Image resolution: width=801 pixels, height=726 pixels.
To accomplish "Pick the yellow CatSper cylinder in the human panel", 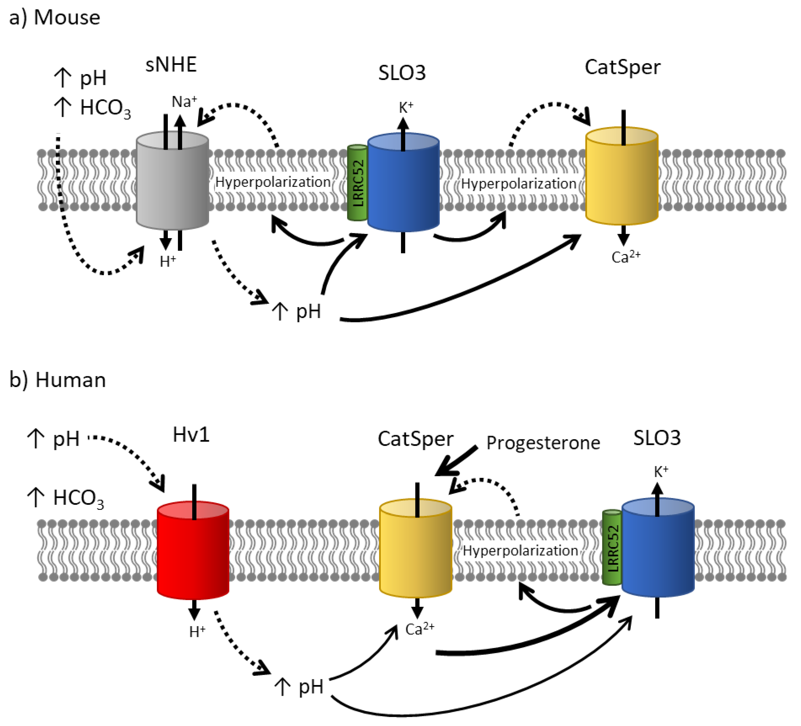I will click(416, 552).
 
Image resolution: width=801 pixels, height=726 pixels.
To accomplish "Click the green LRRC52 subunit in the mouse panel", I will click(357, 182).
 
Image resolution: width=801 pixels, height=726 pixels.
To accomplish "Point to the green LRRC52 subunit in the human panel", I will click(612, 548).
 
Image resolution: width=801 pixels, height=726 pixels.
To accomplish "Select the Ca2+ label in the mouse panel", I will click(625, 257).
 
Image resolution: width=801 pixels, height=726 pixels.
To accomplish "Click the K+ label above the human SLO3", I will click(661, 472).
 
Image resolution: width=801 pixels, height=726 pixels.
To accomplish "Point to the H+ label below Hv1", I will click(197, 631).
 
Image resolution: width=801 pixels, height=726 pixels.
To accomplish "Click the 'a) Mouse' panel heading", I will click(55, 17).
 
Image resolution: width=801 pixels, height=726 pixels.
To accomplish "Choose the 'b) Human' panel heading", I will click(58, 380).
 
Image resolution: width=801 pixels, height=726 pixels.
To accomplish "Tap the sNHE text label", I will click(171, 65).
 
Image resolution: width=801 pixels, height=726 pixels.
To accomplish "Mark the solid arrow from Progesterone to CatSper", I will click(457, 460).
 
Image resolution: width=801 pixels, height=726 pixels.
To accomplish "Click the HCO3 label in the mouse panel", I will click(105, 108).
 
